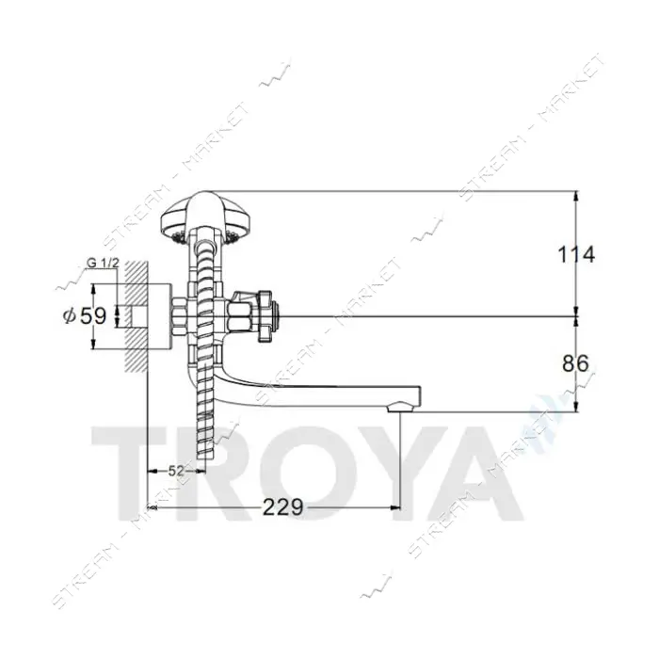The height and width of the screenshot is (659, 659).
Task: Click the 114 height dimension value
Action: point(576,254)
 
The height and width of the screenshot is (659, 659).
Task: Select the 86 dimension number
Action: point(575,363)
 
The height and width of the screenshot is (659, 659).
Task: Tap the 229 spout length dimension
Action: point(282,507)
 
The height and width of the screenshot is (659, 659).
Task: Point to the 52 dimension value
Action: point(176,471)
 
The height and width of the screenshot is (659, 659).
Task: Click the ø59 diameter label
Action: point(85,316)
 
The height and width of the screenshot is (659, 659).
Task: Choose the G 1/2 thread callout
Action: point(103,264)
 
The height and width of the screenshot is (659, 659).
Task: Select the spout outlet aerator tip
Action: point(400,407)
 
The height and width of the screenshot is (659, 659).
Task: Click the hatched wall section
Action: point(136,316)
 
